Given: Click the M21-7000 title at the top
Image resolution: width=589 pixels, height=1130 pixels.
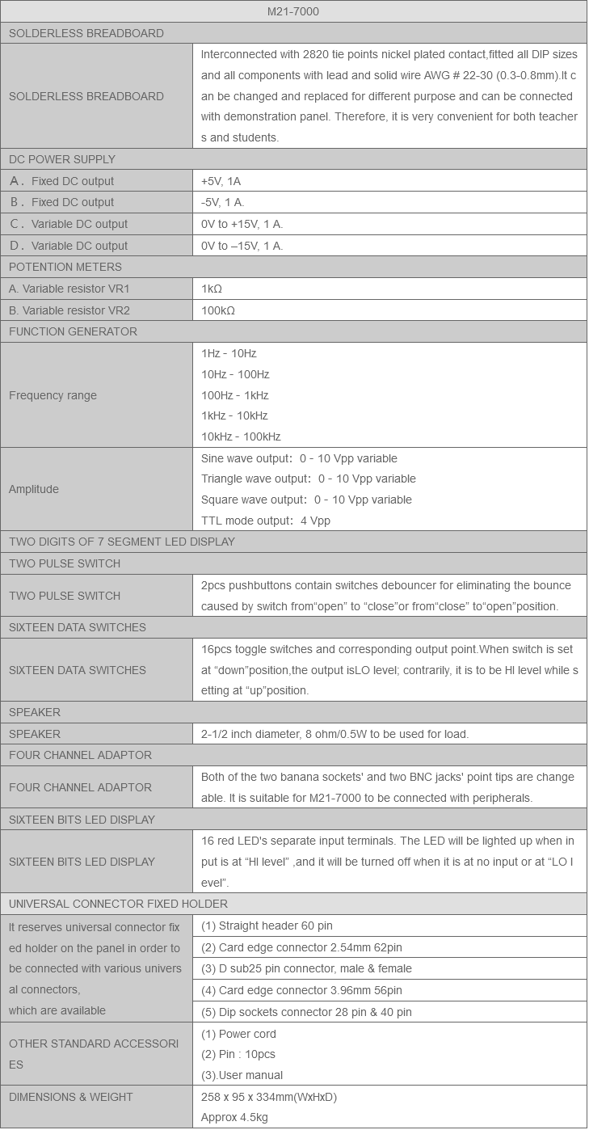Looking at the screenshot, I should click(293, 11).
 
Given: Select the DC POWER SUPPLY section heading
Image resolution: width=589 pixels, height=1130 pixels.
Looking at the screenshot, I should click(62, 159).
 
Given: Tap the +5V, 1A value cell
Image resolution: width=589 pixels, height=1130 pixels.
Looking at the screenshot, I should click(221, 181).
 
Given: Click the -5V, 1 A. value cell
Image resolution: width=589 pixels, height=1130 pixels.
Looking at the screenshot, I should click(222, 202).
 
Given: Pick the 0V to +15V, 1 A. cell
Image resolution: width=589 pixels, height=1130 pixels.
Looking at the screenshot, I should click(242, 224).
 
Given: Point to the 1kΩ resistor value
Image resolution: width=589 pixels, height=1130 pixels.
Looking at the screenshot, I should click(212, 289).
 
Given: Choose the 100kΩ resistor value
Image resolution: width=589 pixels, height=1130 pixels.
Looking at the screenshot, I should click(218, 310).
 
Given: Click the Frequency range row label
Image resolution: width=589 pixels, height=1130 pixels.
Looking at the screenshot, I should click(53, 395).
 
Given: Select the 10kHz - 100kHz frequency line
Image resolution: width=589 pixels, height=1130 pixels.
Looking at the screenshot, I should click(241, 436).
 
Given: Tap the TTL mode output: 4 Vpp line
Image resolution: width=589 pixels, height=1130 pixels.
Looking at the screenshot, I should click(265, 521).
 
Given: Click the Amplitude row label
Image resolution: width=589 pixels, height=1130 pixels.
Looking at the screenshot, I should click(34, 489).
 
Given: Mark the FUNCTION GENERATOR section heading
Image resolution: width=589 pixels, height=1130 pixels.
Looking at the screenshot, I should click(73, 331).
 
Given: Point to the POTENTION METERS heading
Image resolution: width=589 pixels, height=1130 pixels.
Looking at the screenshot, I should click(65, 267).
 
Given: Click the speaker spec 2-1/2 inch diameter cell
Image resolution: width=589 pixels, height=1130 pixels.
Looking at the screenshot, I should click(334, 734).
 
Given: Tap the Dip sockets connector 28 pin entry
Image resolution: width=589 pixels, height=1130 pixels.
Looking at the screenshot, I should click(306, 1012).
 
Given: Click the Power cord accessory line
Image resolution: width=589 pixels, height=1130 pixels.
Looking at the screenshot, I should click(238, 1034).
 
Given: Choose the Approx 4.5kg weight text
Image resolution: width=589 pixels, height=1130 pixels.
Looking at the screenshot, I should click(234, 1117).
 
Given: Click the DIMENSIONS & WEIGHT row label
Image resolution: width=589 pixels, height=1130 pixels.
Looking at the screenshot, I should click(71, 1097).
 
